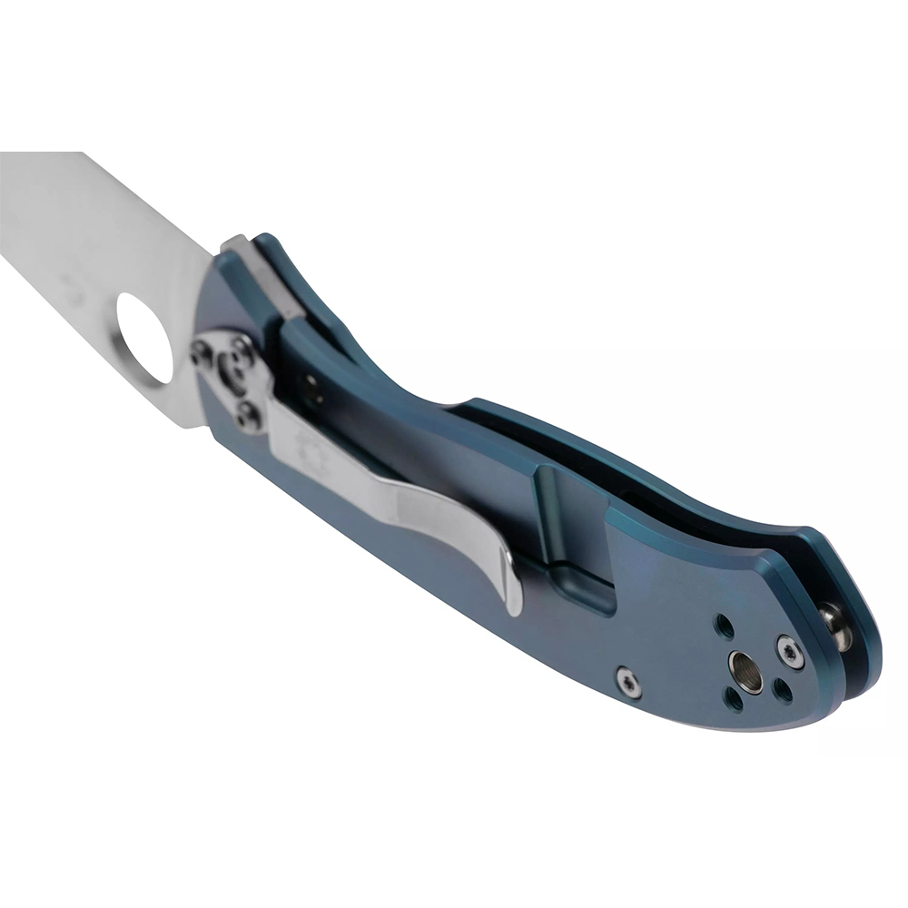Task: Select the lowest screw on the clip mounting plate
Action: pos(248,415)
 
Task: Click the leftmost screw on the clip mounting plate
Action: pos(202,354)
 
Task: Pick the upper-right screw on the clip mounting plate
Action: pos(242,350)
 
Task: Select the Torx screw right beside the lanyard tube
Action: pos(788,652)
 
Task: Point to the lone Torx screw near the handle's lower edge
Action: pos(627,681)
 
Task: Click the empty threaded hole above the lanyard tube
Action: pos(725,626)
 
